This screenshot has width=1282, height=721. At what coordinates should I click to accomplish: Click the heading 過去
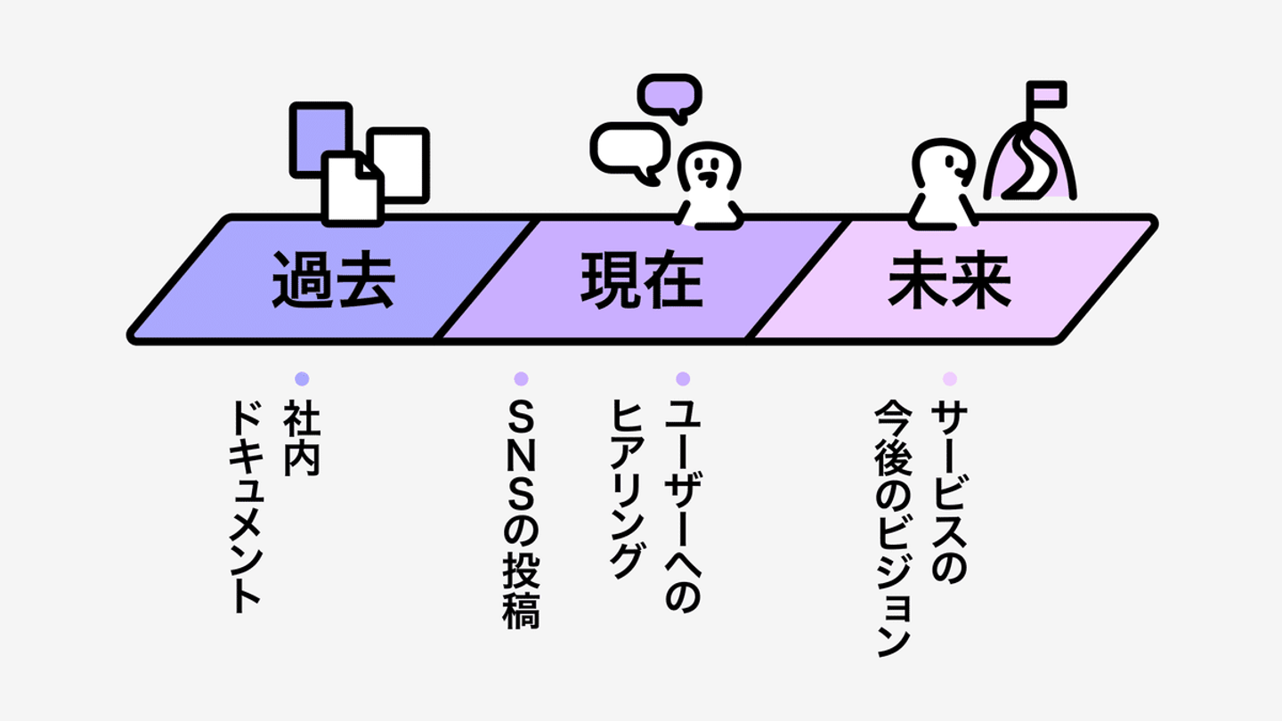pos(333,279)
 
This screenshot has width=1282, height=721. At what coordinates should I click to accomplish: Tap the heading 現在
pos(641,279)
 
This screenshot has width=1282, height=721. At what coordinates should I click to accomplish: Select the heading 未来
pos(949,279)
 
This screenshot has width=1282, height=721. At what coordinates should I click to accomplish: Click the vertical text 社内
pos(302,437)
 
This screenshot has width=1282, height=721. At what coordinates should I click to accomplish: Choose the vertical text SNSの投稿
pos(522,514)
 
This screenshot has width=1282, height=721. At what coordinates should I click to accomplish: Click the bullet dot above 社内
pos(302,378)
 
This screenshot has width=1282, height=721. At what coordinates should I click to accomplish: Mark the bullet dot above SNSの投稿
pos(522,378)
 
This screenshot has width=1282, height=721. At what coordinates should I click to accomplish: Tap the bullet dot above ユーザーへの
pos(683,378)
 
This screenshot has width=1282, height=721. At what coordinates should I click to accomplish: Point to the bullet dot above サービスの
pos(949,378)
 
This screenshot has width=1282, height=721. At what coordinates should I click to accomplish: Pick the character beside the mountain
pos(942,182)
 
